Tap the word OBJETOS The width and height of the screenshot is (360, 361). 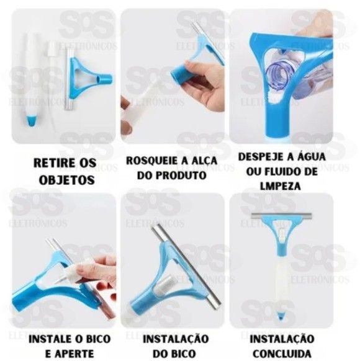[x=73, y=180]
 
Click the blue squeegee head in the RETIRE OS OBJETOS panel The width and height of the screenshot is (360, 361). [x=88, y=78]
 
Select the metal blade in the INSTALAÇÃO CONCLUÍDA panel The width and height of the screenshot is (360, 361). [x=281, y=216]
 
